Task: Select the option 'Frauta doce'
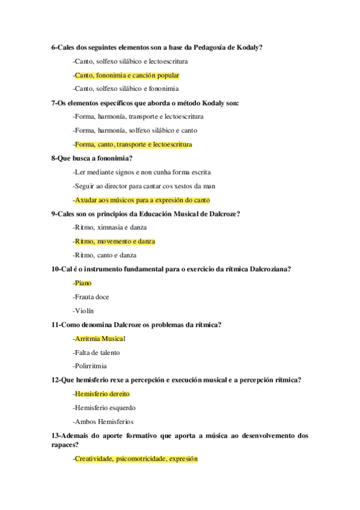[x=91, y=296]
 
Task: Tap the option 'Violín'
[x=84, y=310]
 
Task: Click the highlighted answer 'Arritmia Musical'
[x=99, y=339]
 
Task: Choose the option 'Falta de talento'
[x=97, y=352]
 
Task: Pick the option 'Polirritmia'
[x=90, y=366]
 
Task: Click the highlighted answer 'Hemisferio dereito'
[x=102, y=394]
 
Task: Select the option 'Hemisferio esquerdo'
[x=104, y=408]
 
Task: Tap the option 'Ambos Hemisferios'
[x=103, y=422]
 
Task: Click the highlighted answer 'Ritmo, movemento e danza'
[x=114, y=241]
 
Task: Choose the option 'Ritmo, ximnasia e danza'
[x=109, y=227]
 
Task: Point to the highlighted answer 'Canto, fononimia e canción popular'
[x=126, y=75]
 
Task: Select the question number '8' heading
[x=54, y=158]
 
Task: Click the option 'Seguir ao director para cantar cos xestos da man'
[x=144, y=186]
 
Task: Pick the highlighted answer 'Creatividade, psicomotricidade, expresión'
[x=135, y=458]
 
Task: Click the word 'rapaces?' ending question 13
[x=67, y=444]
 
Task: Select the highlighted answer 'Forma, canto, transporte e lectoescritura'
[x=132, y=144]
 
